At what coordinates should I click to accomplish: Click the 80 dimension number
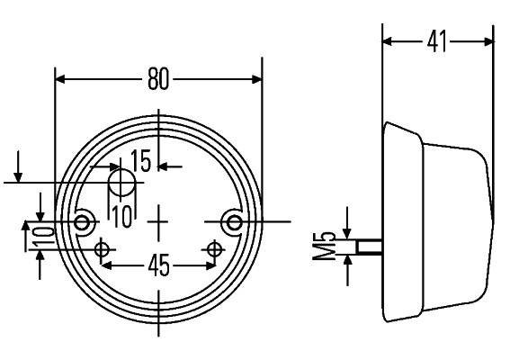click(x=158, y=79)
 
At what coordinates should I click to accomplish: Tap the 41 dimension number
click(x=437, y=41)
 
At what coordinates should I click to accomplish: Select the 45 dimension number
click(x=158, y=267)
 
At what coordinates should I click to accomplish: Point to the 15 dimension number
click(x=141, y=163)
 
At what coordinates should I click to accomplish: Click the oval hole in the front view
click(x=121, y=183)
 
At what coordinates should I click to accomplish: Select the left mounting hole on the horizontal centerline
click(x=84, y=221)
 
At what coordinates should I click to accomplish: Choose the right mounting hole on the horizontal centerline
click(x=234, y=220)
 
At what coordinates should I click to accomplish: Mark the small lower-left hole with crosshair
click(x=104, y=248)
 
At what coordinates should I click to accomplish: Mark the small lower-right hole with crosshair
click(x=215, y=248)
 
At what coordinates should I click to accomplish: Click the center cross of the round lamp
click(x=159, y=220)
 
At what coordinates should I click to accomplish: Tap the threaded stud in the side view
click(x=369, y=245)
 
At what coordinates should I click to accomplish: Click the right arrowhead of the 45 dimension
click(x=210, y=266)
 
